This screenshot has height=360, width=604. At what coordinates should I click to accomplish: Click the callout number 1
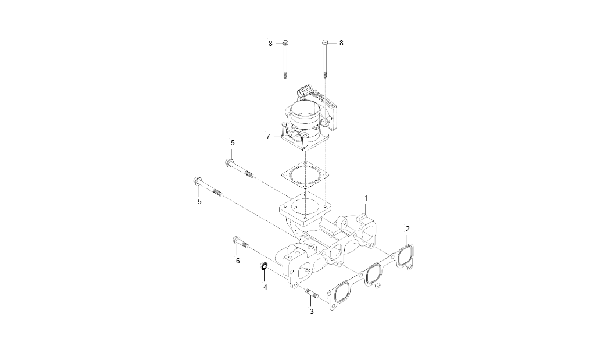(x=366, y=198)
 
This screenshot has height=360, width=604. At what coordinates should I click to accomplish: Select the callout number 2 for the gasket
(x=408, y=229)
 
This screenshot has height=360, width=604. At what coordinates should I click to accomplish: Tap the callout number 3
(x=311, y=312)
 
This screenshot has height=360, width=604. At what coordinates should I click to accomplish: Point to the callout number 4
(x=265, y=287)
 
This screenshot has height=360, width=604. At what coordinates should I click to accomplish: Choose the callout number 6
(x=238, y=261)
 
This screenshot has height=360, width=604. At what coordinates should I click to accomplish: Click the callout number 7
(x=268, y=136)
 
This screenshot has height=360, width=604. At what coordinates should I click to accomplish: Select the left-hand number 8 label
(x=270, y=43)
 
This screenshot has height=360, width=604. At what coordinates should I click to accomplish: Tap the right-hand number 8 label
(x=341, y=43)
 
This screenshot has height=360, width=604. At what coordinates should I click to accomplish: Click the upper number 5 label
(x=233, y=142)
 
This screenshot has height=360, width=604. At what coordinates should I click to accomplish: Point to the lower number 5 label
(x=199, y=201)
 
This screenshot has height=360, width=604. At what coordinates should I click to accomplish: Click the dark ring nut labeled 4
(x=263, y=266)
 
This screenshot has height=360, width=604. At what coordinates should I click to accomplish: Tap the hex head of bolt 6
(x=236, y=240)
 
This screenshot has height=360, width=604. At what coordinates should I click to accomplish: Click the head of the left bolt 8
(x=285, y=43)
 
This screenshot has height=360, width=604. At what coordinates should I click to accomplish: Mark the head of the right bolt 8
(x=325, y=43)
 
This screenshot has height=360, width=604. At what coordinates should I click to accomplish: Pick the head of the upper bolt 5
(x=229, y=163)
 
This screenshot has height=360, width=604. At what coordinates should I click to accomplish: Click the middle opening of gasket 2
(x=372, y=272)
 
